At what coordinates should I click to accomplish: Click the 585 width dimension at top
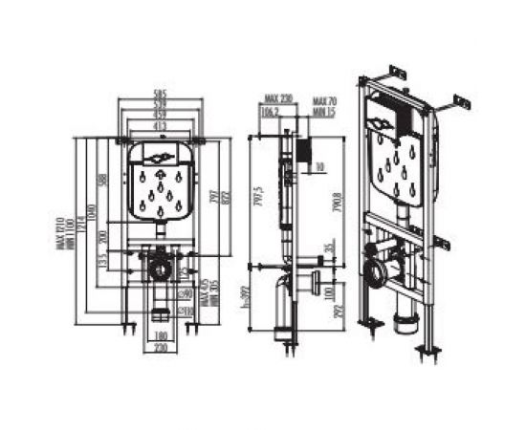[x=160, y=95]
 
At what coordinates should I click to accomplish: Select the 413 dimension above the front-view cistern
[x=160, y=126]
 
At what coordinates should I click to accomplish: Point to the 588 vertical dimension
[x=102, y=182]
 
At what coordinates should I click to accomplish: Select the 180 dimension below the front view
[x=160, y=334]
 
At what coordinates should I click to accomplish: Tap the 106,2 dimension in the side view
[x=271, y=111]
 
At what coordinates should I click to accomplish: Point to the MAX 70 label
[x=326, y=102]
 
